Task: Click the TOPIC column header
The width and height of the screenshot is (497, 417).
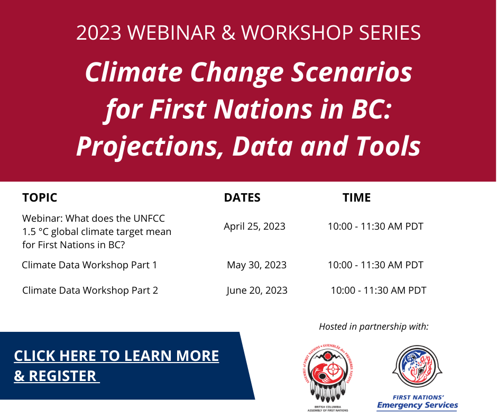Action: (x=40, y=197)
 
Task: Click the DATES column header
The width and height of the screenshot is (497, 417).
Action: (x=242, y=197)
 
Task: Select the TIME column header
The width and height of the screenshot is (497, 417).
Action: (x=356, y=197)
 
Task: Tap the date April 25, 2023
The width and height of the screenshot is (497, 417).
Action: (x=254, y=226)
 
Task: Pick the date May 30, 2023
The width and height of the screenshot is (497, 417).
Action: (x=257, y=265)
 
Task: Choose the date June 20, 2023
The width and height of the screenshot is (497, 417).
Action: (x=257, y=291)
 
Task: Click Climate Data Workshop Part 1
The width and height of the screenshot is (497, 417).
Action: (x=89, y=265)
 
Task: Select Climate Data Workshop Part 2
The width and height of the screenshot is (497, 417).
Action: (x=90, y=291)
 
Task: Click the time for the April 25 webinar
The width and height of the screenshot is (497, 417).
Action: (x=375, y=226)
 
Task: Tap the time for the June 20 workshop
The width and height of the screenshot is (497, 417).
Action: (x=379, y=291)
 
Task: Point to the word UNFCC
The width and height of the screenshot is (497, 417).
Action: (x=149, y=219)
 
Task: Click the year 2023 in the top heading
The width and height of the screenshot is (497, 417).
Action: (x=99, y=32)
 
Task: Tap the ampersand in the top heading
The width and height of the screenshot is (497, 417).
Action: (x=228, y=32)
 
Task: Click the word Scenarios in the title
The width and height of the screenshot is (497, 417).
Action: (x=352, y=72)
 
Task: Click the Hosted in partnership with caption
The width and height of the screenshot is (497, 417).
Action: (x=374, y=327)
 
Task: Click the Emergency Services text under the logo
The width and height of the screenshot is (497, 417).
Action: (x=418, y=405)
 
